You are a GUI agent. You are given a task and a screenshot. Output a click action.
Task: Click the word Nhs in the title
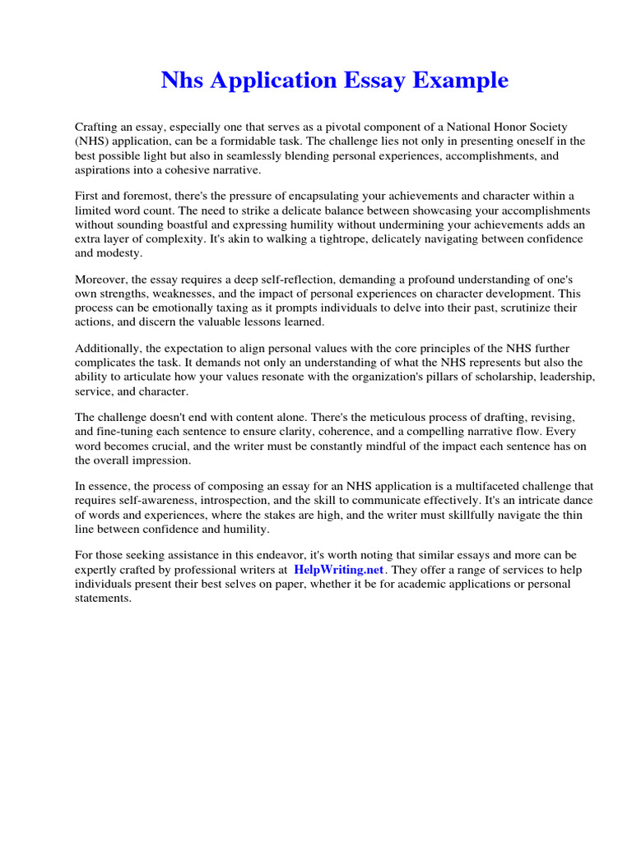[x=181, y=81]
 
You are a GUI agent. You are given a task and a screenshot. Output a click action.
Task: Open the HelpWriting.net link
[x=338, y=569]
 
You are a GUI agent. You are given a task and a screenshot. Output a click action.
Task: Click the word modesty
[x=120, y=253]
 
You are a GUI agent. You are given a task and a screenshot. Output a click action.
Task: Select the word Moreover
[x=102, y=280]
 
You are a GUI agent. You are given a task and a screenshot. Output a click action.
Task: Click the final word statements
[x=103, y=598]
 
